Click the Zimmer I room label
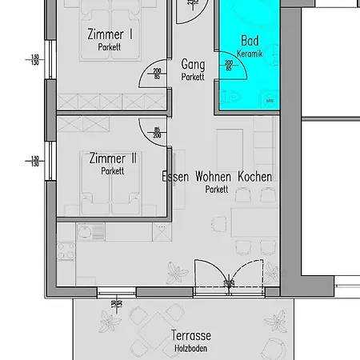[x=110, y=34]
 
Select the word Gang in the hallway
[x=192, y=65]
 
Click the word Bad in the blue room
[x=250, y=41]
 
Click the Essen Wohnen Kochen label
[x=216, y=177]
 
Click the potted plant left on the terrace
[x=108, y=322]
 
